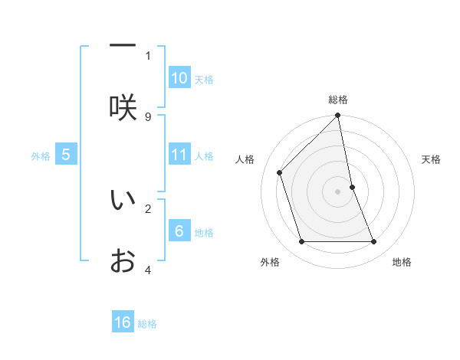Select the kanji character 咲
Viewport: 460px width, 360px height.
[123, 107]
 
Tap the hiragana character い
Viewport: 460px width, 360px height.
[123, 200]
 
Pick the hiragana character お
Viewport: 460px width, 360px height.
[123, 261]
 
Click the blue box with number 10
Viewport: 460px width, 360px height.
[179, 78]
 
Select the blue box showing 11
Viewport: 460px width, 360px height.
[179, 155]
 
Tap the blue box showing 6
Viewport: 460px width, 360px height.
[179, 231]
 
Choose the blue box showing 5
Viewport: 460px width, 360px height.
[66, 155]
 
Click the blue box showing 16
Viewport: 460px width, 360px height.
[123, 322]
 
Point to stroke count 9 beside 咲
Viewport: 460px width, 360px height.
[148, 116]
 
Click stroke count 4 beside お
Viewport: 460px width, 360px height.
[148, 270]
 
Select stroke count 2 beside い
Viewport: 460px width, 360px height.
[148, 208]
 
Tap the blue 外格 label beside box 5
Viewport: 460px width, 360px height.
[41, 156]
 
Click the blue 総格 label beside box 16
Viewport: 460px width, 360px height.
[147, 324]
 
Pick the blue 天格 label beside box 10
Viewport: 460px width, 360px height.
[204, 80]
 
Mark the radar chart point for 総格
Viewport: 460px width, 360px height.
[338, 116]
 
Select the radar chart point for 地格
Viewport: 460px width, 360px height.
[374, 242]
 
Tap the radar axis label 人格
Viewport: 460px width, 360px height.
[245, 159]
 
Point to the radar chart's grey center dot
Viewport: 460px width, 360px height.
[338, 191]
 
